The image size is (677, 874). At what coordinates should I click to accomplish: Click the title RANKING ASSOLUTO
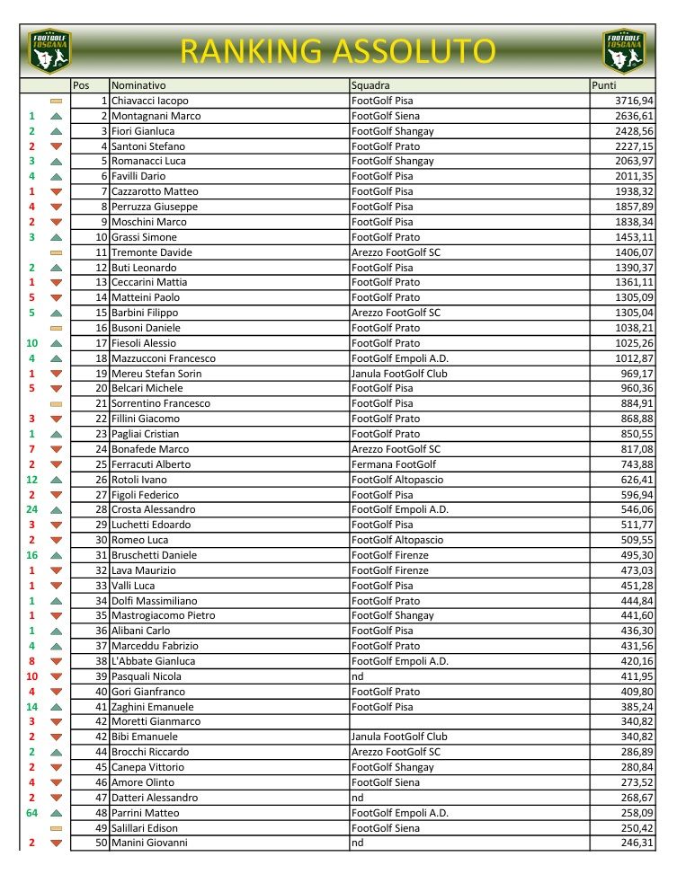pos(337,50)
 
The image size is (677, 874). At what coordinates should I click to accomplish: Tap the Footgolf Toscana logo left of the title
pos(49,51)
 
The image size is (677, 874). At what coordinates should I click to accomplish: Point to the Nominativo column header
pos(138,85)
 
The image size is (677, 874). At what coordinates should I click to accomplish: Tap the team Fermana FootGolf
pos(393,464)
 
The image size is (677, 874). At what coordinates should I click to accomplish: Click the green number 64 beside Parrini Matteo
pos(32,813)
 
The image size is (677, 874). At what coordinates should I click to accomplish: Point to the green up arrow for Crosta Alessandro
pos(56,510)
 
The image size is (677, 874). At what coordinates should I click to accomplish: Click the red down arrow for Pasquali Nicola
pos(56,676)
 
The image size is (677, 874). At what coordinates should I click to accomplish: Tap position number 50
pos(101,843)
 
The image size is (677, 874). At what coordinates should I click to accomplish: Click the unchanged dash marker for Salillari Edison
pos(56,828)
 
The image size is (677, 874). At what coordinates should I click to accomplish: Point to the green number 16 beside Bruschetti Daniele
pos(32,555)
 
